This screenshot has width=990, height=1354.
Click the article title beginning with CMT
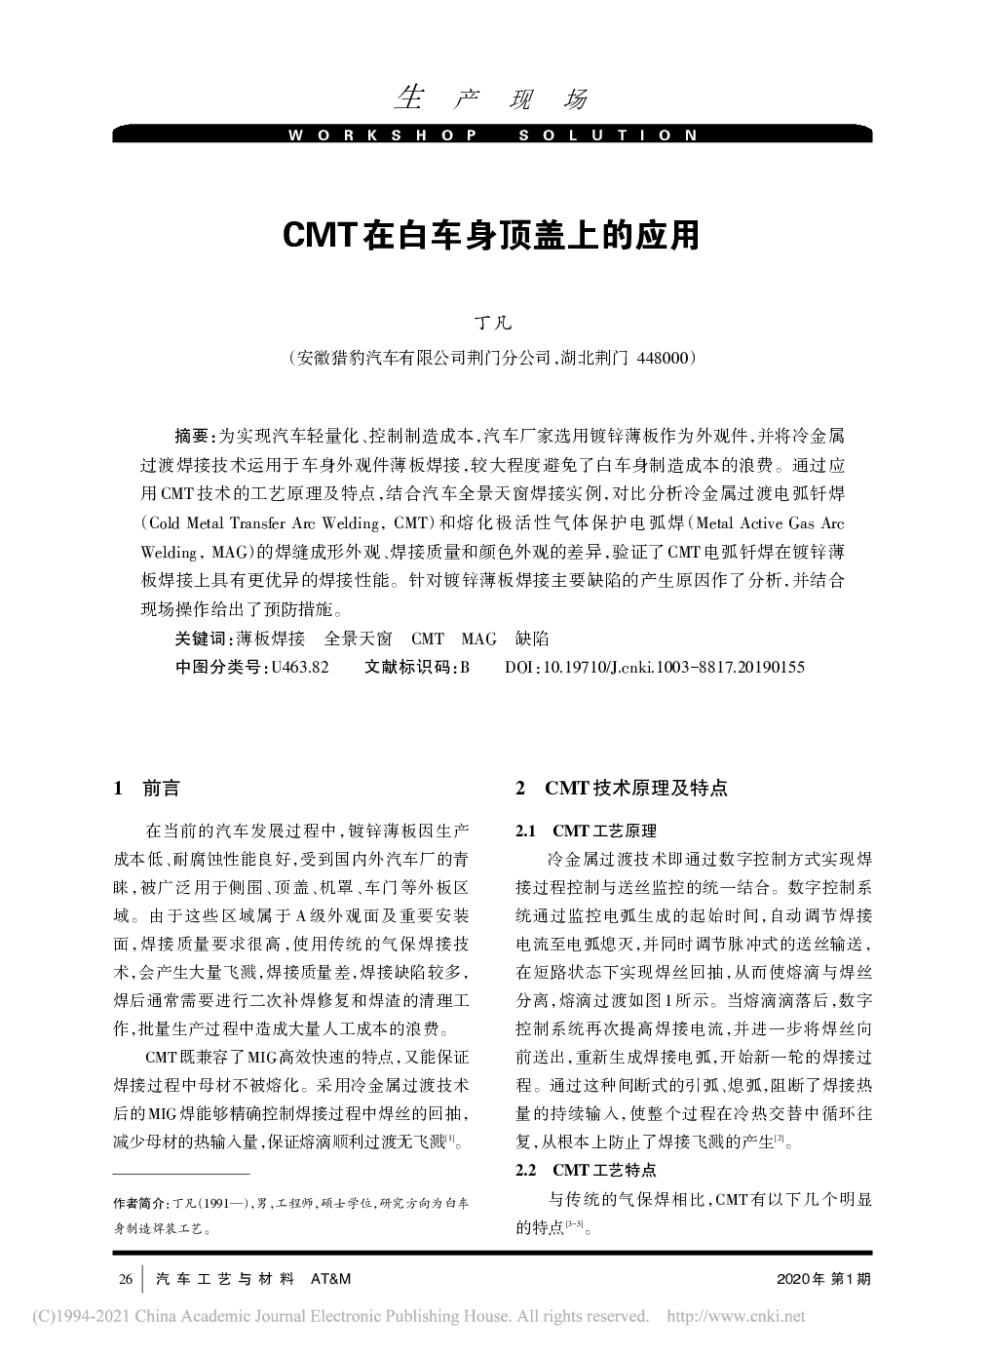pos(491,236)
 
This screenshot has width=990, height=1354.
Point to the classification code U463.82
pos(300,667)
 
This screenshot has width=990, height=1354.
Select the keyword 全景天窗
pos(358,639)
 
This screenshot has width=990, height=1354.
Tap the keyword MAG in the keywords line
pos(478,639)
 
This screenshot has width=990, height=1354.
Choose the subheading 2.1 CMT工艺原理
pos(586,832)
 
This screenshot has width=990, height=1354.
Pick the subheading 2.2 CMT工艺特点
pos(586,1169)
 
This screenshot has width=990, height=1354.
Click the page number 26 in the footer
pos(126,1278)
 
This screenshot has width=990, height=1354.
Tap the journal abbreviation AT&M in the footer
pos(329,1278)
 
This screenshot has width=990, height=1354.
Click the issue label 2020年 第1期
pos(824,1278)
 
